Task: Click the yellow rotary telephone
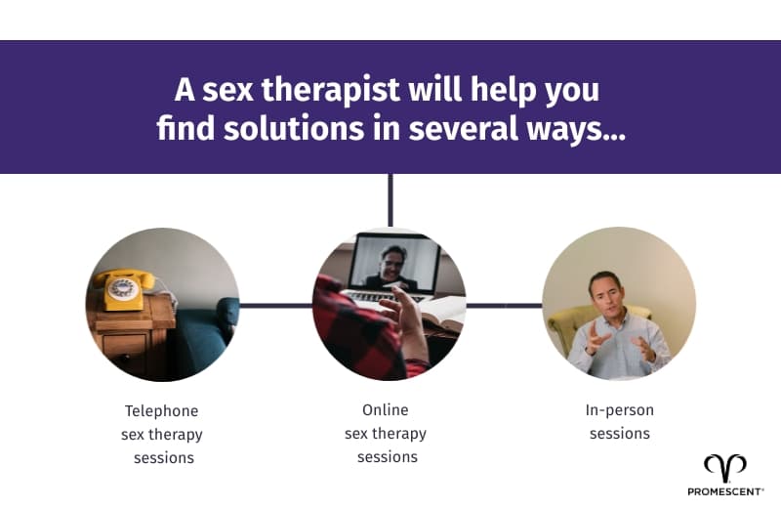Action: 124,289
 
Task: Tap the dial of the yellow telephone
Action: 124,288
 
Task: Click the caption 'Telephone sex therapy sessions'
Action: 162,434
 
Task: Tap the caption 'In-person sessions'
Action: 619,421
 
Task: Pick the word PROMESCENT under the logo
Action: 723,491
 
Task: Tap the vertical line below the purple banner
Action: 390,200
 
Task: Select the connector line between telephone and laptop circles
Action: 275,305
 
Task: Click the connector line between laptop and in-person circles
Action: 504,305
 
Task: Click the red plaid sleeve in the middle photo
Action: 351,337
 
